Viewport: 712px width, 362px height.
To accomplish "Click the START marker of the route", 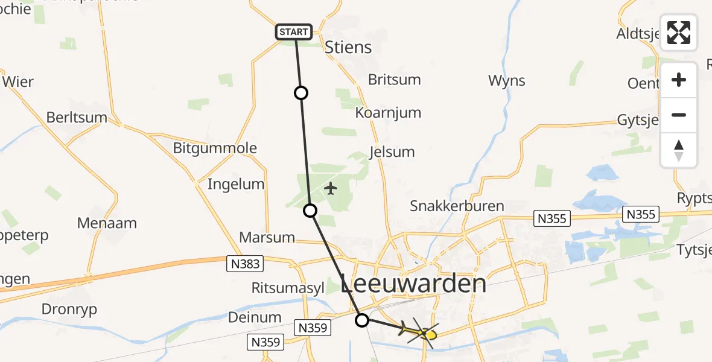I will pyautogui.click(x=294, y=32).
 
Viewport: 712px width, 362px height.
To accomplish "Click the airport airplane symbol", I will pyautogui.click(x=330, y=189).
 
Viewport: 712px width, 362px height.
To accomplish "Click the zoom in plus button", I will pyautogui.click(x=679, y=80).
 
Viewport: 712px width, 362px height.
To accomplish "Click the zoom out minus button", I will pyautogui.click(x=679, y=115).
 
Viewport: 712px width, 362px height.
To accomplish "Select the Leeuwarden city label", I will pyautogui.click(x=413, y=283).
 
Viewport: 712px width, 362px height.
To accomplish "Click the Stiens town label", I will pyautogui.click(x=348, y=47).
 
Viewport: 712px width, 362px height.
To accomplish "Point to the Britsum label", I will pyautogui.click(x=395, y=80).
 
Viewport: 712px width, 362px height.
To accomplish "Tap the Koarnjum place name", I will pyautogui.click(x=388, y=113).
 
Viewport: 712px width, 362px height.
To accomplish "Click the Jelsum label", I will pyautogui.click(x=392, y=151).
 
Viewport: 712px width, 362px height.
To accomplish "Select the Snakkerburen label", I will pyautogui.click(x=457, y=206).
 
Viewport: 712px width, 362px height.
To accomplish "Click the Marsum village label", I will pyautogui.click(x=267, y=237).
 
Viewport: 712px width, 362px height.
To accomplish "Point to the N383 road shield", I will pyautogui.click(x=244, y=263).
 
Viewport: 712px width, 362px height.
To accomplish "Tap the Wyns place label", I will pyautogui.click(x=507, y=80).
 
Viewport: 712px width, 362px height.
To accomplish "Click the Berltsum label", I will pyautogui.click(x=77, y=117).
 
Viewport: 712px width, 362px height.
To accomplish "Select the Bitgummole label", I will pyautogui.click(x=215, y=148).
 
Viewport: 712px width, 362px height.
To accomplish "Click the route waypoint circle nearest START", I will pyautogui.click(x=300, y=93).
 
